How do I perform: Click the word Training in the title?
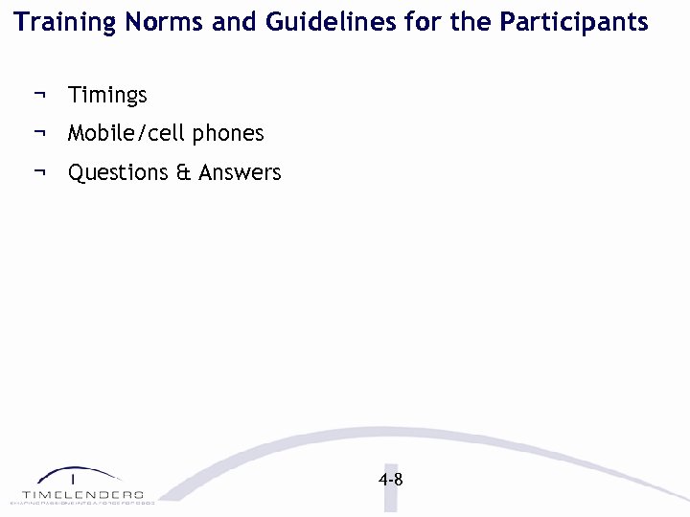[58, 22]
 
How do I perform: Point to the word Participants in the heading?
[573, 22]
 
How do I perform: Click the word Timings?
[107, 96]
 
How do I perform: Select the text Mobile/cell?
[126, 134]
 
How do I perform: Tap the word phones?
[227, 134]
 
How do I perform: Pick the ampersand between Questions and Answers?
[184, 173]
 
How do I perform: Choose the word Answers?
[240, 173]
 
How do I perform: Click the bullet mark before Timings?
[39, 95]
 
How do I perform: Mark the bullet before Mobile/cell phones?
[39, 133]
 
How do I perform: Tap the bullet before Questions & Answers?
[39, 172]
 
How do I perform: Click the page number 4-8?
[390, 480]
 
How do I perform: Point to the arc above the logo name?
[80, 472]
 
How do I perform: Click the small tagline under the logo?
[81, 502]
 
